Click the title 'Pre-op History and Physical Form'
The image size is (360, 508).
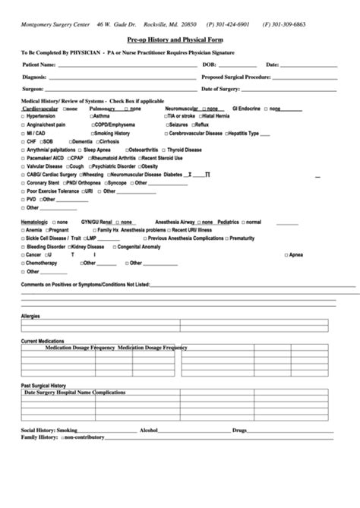point(180,39)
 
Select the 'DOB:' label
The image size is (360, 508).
point(210,65)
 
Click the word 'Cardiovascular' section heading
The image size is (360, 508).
point(43,109)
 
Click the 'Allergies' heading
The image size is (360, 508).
point(30,315)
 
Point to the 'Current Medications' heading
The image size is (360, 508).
point(43,342)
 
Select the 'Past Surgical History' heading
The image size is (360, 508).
point(43,386)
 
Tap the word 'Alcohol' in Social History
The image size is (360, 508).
point(149,431)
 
